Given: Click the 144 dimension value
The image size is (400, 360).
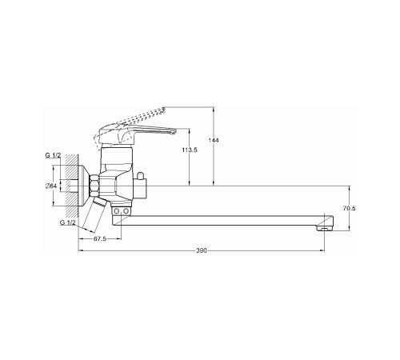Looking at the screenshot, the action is pos(214,140).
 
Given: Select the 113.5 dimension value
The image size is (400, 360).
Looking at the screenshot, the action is pos(190,150).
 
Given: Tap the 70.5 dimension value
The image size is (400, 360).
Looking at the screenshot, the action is pos(349,208).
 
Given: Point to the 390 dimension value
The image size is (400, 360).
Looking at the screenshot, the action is pos(202,250).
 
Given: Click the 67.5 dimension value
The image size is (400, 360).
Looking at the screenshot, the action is pos(100,239).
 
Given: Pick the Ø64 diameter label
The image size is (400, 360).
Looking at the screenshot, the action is pos(51,186).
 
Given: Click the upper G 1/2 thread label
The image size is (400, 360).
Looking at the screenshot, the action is pos(53,155).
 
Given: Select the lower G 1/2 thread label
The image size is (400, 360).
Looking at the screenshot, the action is pos(68,222).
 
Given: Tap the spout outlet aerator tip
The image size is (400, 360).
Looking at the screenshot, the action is pos(324,228).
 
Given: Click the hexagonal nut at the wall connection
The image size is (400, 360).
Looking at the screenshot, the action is pos(94,186).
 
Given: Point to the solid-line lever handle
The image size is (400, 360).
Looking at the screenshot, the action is pos(137,134).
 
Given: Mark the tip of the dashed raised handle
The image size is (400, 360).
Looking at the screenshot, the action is pos(164,109).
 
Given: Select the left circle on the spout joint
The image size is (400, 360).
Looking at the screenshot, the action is pos(117,211).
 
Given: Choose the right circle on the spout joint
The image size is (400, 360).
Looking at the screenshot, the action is pos(126,211).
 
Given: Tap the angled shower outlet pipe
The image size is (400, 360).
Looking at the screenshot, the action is pos(95,214).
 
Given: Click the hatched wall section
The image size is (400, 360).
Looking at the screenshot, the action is pos(72,186).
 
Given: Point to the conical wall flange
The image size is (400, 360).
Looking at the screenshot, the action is pos(84,186).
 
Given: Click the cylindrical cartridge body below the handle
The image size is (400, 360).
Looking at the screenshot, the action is pos(117,160).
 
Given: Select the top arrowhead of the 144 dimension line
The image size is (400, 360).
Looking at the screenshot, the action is pos(214,109).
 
